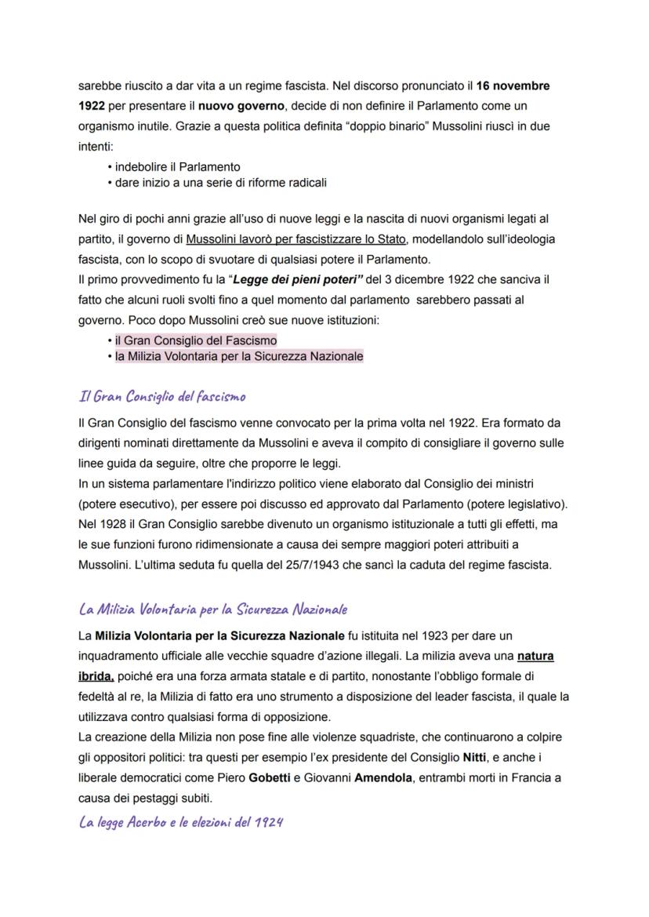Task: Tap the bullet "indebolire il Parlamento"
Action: pyautogui.click(x=177, y=167)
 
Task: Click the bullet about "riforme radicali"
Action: pyautogui.click(x=220, y=183)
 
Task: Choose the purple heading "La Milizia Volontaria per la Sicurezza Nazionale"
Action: pyautogui.click(x=213, y=610)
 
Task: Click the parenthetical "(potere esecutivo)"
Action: pyautogui.click(x=124, y=504)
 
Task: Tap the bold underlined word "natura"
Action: pyautogui.click(x=542, y=655)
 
